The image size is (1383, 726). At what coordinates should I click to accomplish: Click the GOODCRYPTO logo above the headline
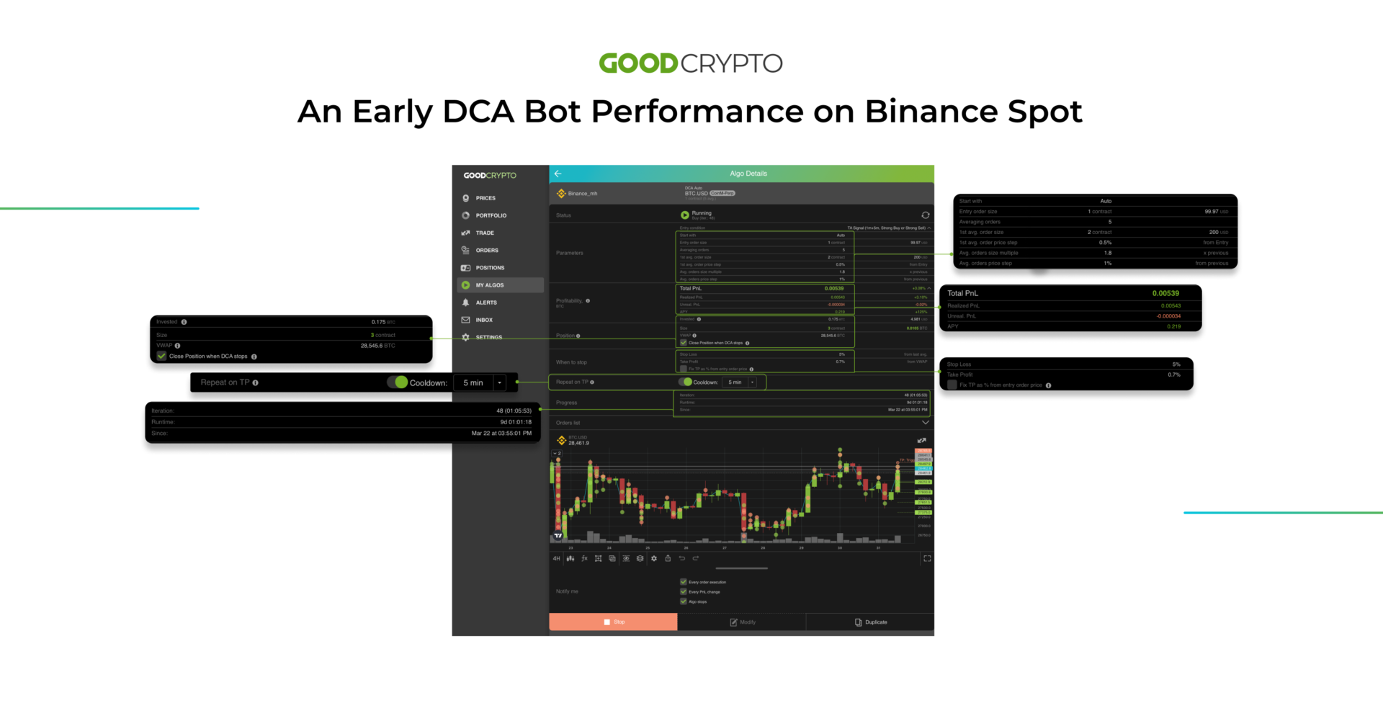click(690, 63)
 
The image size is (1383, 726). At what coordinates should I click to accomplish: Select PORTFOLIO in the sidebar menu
click(491, 215)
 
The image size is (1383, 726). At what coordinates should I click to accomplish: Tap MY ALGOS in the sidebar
click(490, 285)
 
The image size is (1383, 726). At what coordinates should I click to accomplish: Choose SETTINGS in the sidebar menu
click(488, 337)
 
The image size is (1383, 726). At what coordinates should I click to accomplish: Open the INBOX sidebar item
click(484, 320)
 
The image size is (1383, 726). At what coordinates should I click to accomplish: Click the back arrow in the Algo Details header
click(558, 174)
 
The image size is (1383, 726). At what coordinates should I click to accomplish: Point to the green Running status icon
click(684, 215)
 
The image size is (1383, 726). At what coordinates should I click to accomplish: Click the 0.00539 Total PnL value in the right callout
click(1165, 294)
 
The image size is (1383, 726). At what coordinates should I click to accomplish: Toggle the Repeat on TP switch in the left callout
click(398, 382)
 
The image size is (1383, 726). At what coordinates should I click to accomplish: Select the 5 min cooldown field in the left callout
click(473, 383)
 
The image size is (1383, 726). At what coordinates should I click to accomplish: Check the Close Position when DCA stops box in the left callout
click(162, 356)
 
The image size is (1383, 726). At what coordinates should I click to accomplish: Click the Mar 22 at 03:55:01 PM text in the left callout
click(501, 434)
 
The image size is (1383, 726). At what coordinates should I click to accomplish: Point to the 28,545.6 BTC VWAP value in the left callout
click(377, 346)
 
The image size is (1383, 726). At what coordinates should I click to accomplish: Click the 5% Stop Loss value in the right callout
click(1176, 364)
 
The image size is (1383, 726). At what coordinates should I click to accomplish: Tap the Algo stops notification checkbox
click(684, 601)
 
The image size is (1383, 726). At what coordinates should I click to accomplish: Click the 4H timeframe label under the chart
click(556, 559)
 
